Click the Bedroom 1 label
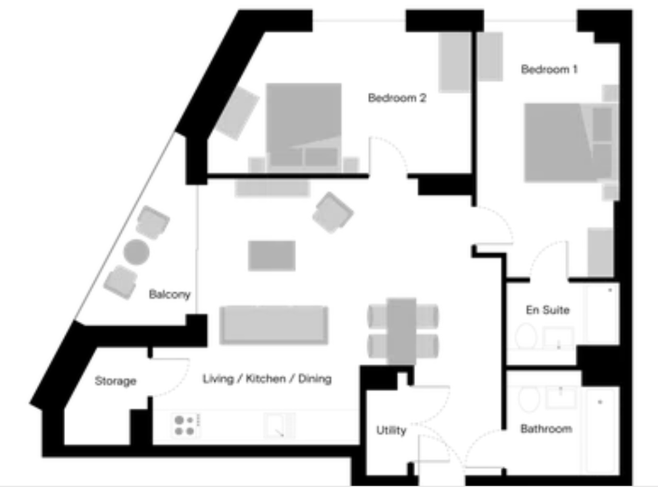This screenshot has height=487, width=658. [549, 69]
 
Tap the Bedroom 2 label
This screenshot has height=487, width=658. [397, 98]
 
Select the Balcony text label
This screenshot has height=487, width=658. [170, 294]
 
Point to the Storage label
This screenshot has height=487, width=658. [115, 381]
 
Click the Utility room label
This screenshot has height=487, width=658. [391, 430]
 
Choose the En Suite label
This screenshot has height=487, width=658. [547, 310]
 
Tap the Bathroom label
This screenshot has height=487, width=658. [546, 428]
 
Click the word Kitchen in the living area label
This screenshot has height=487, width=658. [266, 378]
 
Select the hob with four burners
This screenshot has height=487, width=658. [185, 425]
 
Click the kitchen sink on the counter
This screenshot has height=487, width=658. [279, 425]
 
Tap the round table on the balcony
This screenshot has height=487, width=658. [136, 252]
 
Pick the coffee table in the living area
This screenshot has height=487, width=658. [272, 255]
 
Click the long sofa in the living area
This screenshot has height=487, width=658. [274, 325]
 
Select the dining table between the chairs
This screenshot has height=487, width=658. [401, 331]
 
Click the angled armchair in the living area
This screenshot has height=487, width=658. [333, 213]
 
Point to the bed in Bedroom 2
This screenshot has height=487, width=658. [304, 126]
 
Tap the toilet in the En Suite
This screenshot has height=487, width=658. [526, 336]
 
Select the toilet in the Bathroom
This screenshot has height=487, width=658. [529, 399]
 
